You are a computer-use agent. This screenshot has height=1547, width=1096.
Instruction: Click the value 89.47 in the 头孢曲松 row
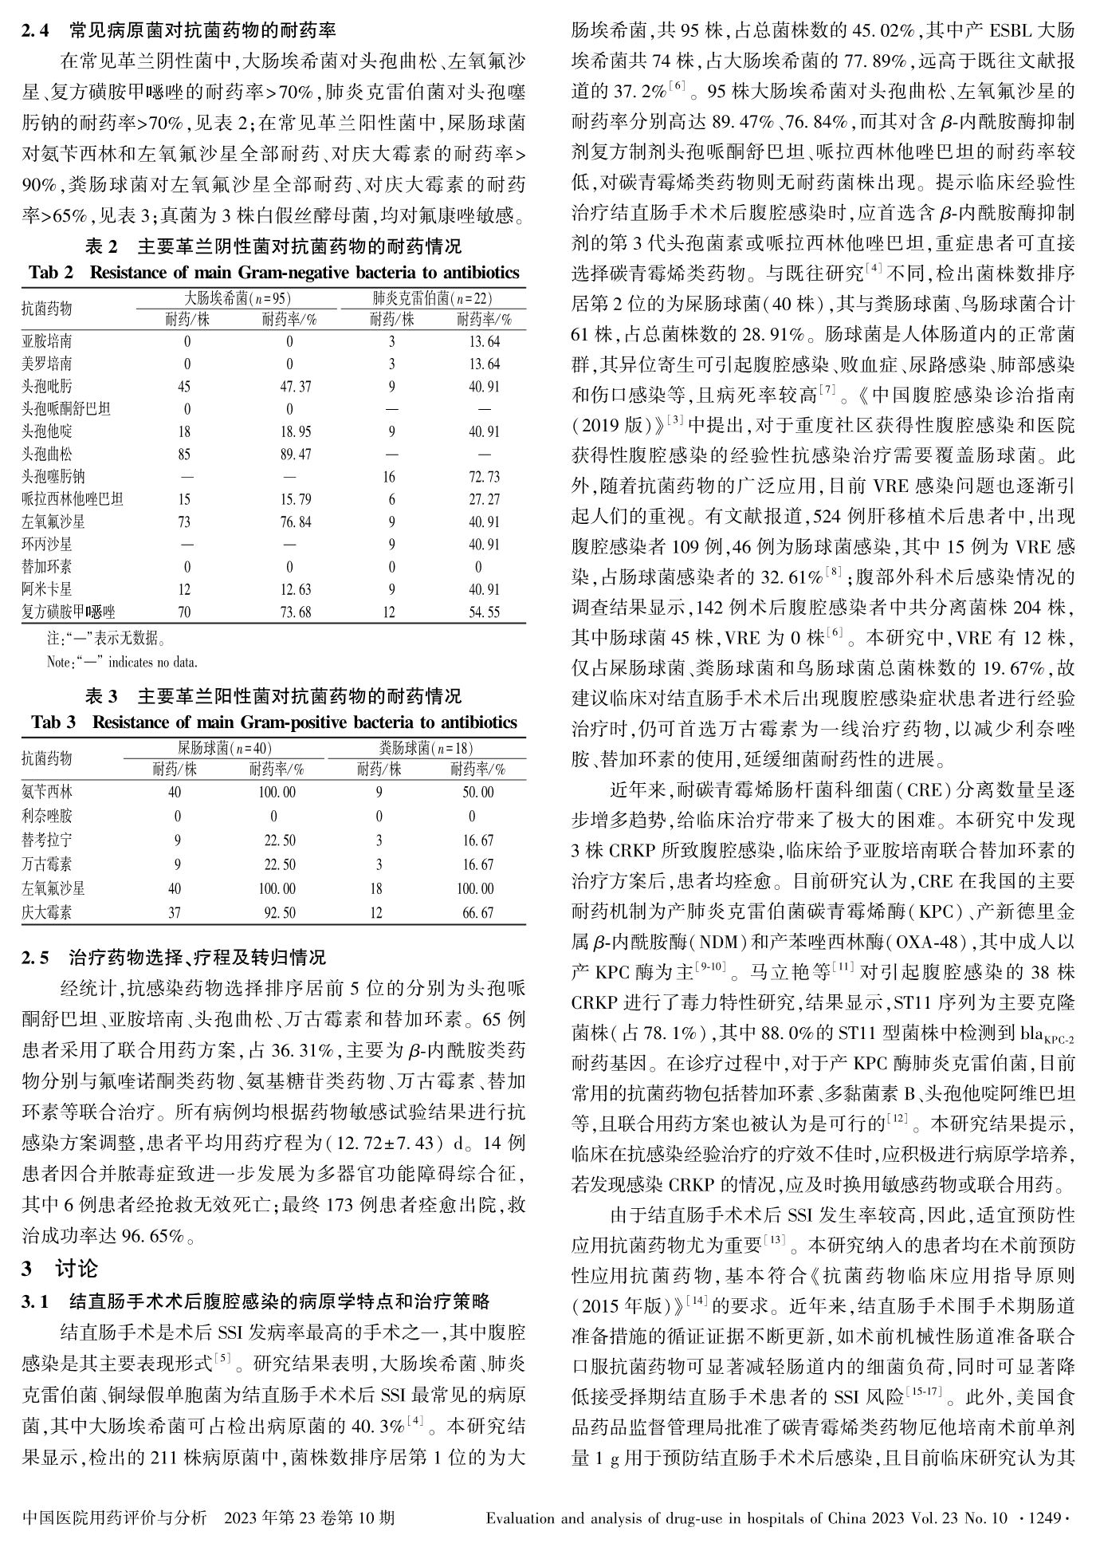pos(289,455)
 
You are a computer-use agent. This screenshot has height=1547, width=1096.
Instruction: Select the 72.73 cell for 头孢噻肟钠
pos(485,477)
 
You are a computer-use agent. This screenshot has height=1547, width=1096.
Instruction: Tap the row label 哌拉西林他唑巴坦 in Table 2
pos(73,500)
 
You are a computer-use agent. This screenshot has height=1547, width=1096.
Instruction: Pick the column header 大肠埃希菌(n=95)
pos(238,298)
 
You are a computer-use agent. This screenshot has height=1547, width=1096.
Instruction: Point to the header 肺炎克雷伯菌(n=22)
pos(432,298)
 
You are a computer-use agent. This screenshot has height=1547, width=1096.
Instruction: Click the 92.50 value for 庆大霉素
pos(280,912)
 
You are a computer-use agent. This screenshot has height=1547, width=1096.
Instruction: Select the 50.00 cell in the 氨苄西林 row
pos(478,793)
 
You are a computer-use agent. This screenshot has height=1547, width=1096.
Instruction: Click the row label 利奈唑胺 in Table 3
pos(47,817)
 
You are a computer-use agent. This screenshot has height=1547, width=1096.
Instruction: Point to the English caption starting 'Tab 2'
pos(274,273)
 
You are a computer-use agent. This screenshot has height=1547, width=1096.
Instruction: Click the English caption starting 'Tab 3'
pos(274,722)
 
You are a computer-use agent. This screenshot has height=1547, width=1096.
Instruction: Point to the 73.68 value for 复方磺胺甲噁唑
pos(289,612)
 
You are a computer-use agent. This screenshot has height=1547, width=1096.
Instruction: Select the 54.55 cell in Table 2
pos(485,612)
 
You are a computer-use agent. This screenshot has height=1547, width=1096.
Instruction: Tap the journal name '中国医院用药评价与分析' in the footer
pos(116,1517)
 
